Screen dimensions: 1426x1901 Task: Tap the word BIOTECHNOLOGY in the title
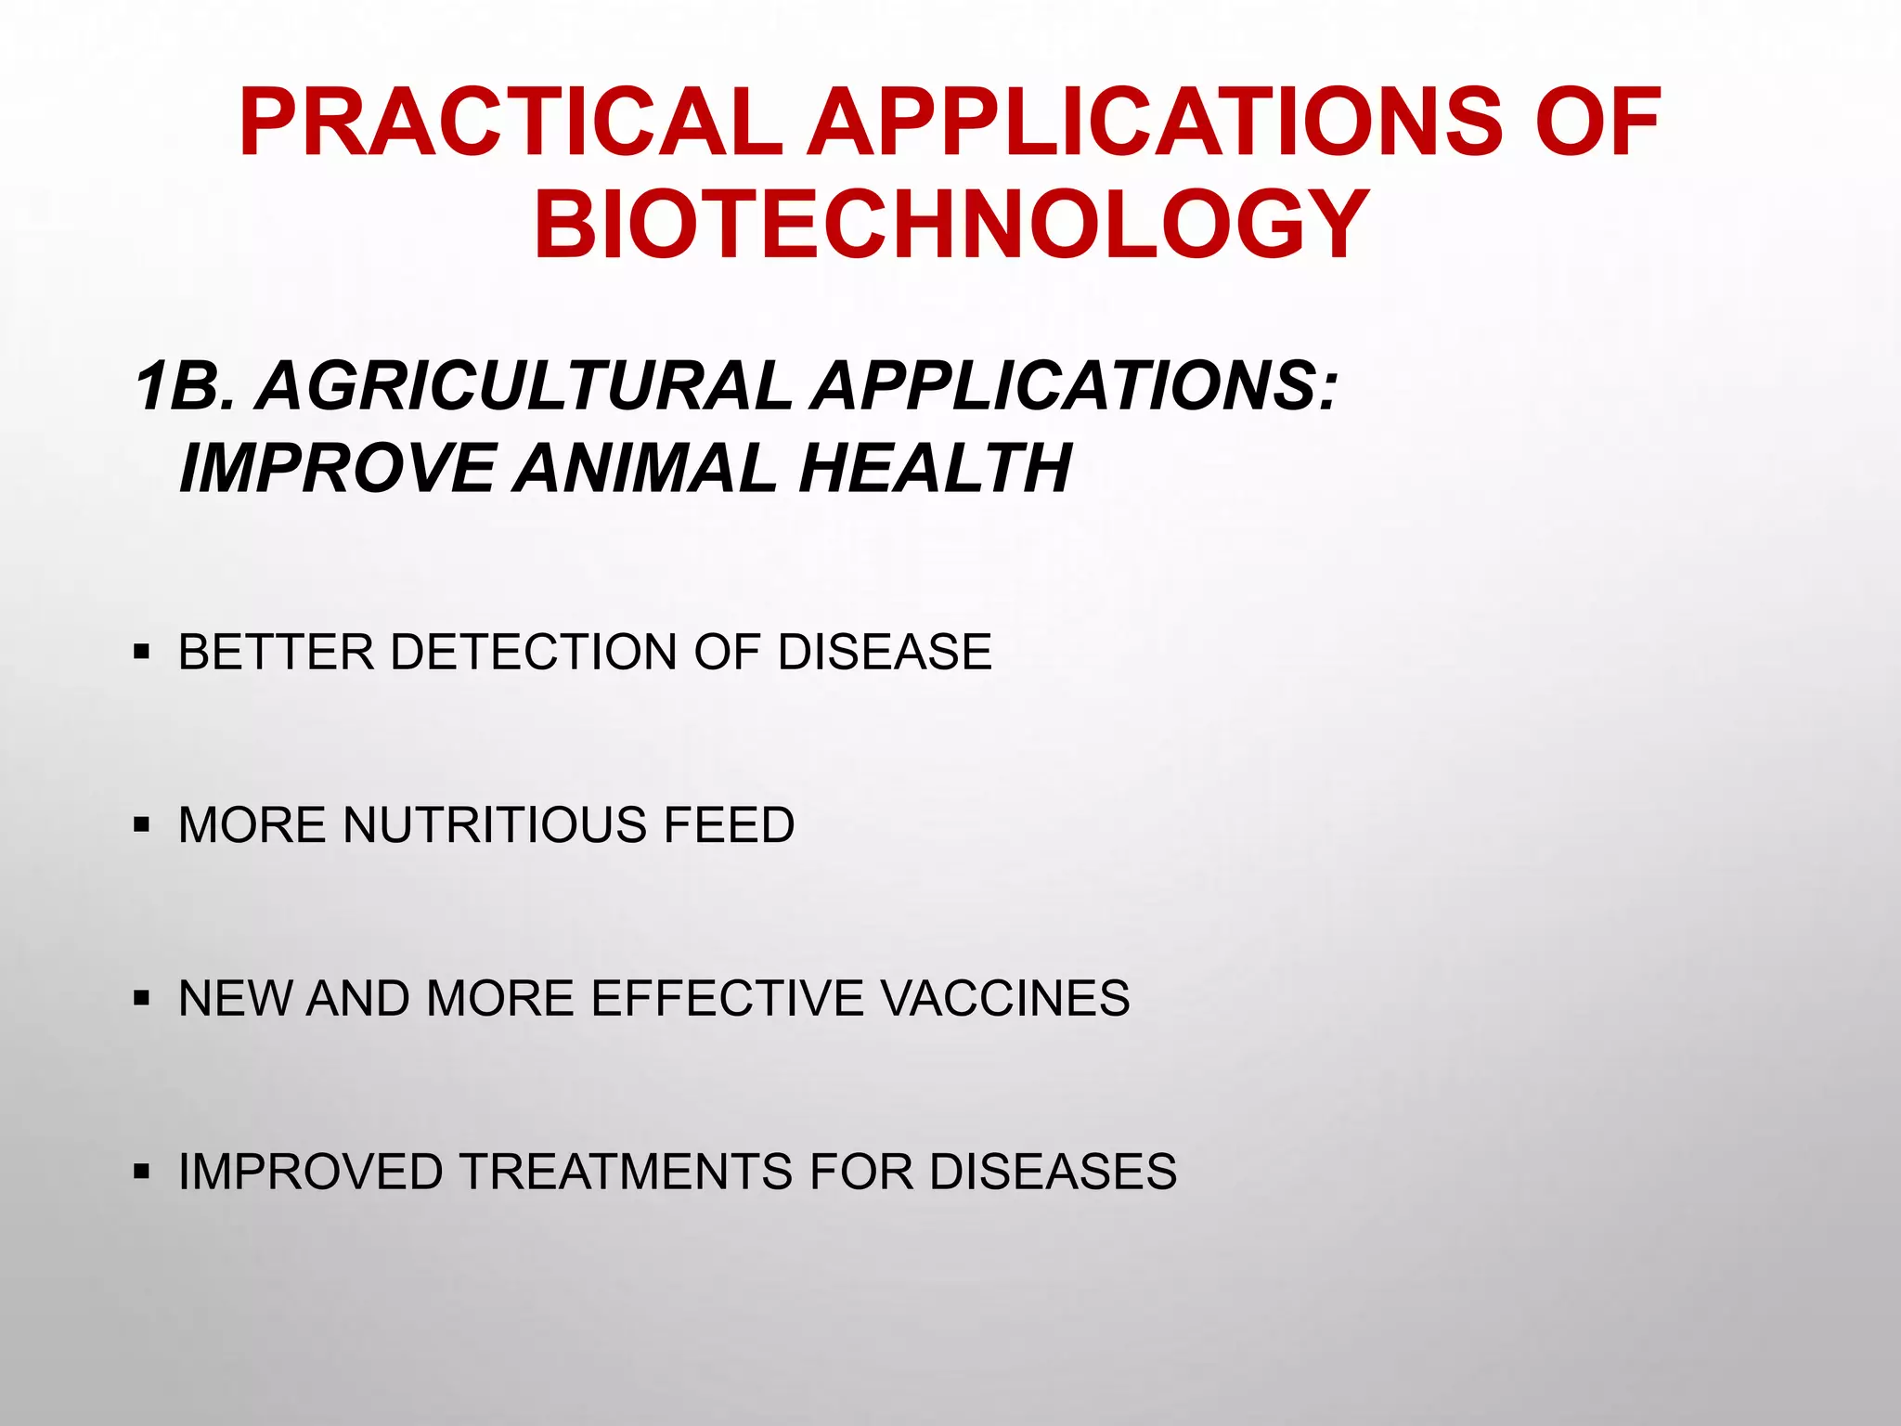[x=950, y=225]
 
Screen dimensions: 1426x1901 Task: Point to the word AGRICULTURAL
[x=524, y=386]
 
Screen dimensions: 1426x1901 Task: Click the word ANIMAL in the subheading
[x=644, y=467]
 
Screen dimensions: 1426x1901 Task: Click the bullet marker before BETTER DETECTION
[x=141, y=652]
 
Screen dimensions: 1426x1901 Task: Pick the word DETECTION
[x=534, y=652]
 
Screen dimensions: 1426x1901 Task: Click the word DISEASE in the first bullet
[x=885, y=652]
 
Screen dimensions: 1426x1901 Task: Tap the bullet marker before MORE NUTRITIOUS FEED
[x=141, y=824]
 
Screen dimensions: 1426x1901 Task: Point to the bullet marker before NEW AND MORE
[x=141, y=998]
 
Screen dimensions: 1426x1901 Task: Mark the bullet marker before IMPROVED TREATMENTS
[x=141, y=1171]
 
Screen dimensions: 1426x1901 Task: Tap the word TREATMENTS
[x=627, y=1171]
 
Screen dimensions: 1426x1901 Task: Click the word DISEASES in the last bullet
[x=1053, y=1171]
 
